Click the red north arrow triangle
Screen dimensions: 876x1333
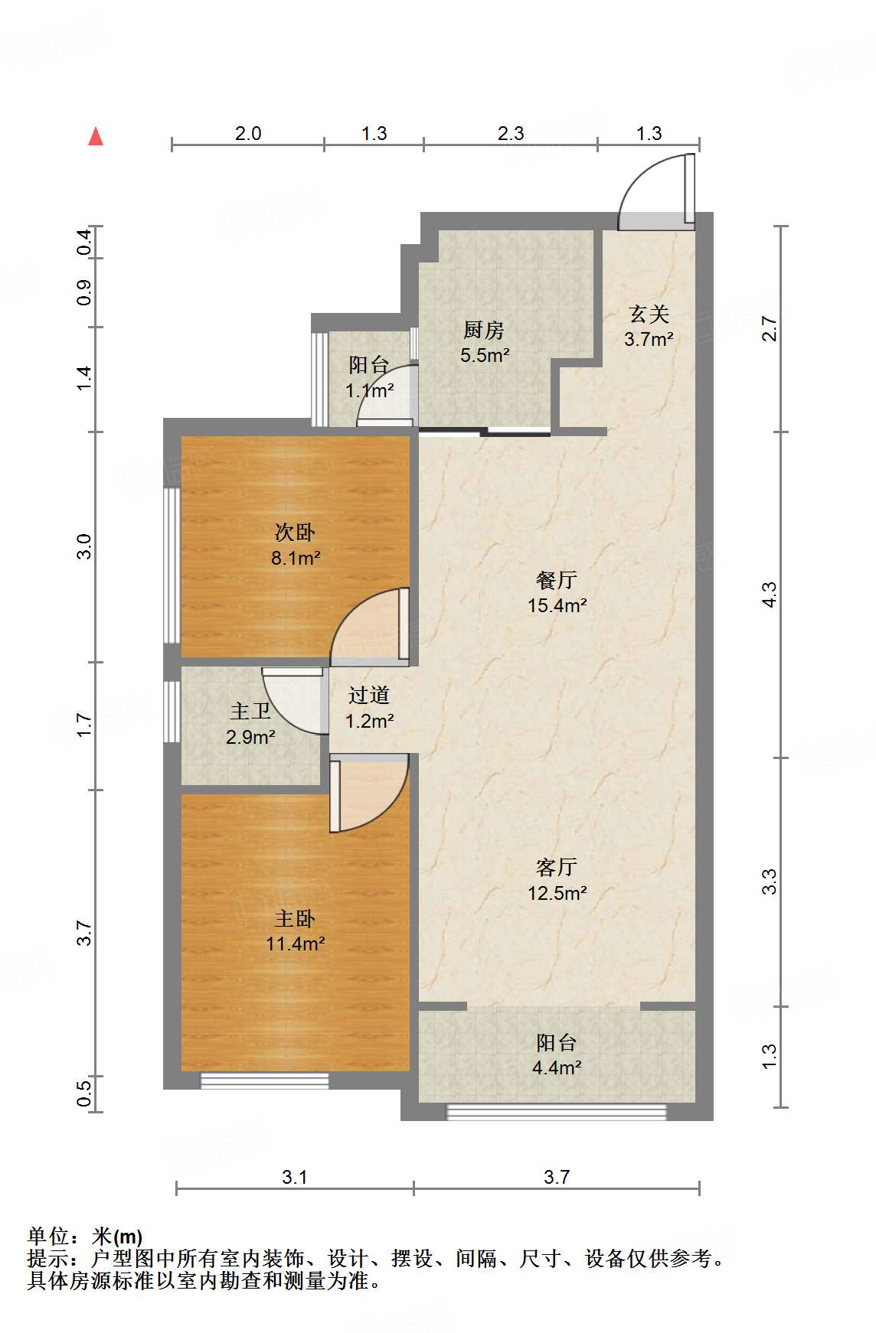(96, 136)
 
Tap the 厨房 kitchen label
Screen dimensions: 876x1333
(485, 342)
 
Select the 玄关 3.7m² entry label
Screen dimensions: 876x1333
(649, 327)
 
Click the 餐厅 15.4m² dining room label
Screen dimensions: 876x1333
(557, 592)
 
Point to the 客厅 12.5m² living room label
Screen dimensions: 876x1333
(557, 880)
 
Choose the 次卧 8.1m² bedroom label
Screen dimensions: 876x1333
(295, 545)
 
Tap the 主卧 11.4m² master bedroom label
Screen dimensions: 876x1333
(295, 930)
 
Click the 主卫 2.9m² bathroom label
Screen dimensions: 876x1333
(250, 724)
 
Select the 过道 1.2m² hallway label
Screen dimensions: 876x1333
(369, 708)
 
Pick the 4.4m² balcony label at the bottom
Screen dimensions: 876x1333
(557, 1055)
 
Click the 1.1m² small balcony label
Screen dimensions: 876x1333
(369, 378)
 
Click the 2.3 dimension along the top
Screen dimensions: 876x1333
(511, 134)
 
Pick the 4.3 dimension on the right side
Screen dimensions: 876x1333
(769, 595)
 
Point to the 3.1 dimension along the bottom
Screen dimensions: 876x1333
(295, 1177)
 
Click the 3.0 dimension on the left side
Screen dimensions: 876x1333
(83, 546)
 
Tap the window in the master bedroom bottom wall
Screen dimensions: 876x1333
(265, 1080)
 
